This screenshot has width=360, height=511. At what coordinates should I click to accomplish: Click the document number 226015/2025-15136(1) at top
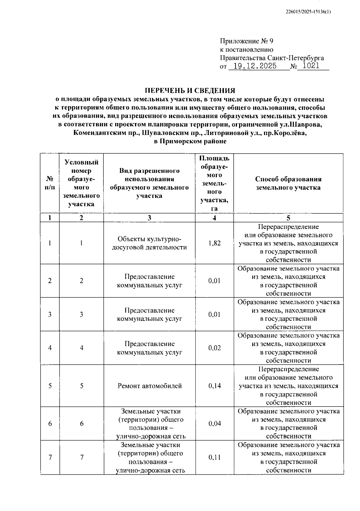point(308,12)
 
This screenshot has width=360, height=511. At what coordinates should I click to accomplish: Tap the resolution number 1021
point(311,66)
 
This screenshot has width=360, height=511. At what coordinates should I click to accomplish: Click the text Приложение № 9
point(246,41)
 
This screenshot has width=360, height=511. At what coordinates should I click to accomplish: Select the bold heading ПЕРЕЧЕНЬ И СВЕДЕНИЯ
point(190,91)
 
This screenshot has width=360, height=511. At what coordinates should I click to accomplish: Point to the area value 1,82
point(214,243)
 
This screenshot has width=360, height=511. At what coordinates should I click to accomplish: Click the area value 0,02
point(214,348)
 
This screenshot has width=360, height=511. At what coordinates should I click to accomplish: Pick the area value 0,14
point(214,386)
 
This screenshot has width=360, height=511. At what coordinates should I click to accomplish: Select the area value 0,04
point(214,423)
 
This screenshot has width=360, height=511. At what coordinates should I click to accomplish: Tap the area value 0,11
point(214,457)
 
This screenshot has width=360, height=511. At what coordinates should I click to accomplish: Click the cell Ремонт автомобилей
point(149,386)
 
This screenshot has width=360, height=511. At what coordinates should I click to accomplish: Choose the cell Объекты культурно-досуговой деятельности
point(149,243)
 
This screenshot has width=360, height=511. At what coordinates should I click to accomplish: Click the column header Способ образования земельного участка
point(288,183)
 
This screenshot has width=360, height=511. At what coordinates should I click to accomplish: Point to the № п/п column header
point(50,183)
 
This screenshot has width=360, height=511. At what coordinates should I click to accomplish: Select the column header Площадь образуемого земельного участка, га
point(214,183)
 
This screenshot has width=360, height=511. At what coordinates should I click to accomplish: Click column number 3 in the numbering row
point(149,218)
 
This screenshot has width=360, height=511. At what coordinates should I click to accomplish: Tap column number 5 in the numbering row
point(288,218)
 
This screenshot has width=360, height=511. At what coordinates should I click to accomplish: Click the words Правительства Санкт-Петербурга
point(272,58)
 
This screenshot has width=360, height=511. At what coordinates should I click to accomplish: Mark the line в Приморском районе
point(190,141)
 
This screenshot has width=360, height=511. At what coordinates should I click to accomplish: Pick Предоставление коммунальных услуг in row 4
point(149,348)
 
